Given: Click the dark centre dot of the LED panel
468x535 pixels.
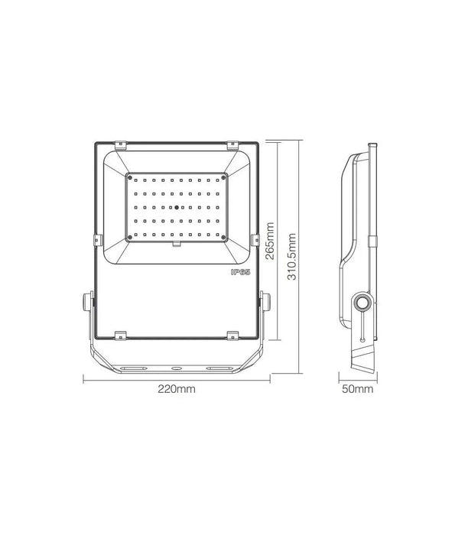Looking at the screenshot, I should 176,207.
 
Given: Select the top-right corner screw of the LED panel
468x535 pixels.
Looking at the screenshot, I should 223,178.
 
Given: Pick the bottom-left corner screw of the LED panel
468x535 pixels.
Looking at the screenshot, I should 129,236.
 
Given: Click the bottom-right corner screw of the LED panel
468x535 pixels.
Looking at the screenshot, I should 223,236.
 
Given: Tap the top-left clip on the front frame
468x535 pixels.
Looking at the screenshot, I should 121,144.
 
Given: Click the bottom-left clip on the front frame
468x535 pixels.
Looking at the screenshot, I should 121,334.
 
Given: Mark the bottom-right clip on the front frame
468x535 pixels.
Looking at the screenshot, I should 232,334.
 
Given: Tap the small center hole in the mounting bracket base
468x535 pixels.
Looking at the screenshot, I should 176,368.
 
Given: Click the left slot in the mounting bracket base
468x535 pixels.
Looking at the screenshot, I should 139,368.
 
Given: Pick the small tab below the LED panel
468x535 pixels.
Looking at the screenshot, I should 177,245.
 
